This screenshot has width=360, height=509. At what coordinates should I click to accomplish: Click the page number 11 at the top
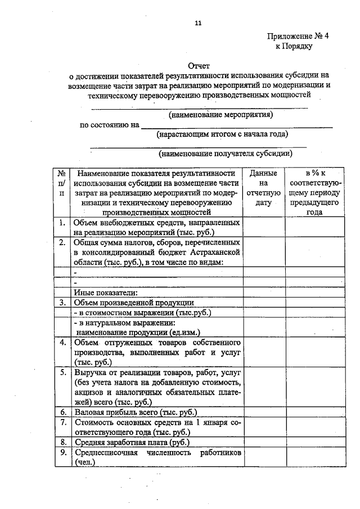197,24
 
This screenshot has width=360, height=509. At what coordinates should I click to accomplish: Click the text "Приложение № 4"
298,36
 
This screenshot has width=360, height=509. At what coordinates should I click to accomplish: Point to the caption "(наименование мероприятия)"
221,115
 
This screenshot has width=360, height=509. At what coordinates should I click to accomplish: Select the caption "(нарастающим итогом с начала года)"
222,134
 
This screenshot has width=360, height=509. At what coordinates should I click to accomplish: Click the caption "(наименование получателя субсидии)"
225,152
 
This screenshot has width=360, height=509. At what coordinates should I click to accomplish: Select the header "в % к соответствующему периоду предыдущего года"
314,192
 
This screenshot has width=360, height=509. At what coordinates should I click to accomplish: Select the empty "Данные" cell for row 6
263,412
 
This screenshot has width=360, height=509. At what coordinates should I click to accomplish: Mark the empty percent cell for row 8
314,442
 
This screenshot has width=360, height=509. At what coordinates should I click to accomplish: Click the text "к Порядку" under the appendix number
294,46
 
